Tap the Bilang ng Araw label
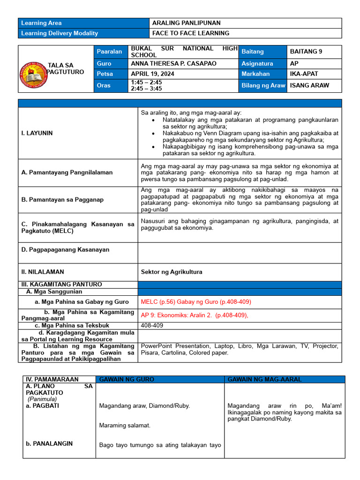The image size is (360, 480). [263, 85]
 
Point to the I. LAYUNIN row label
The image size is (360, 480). [37, 133]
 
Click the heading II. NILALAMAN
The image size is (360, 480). [43, 271]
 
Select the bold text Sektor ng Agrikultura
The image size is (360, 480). [172, 271]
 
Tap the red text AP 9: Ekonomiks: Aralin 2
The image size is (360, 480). [194, 315]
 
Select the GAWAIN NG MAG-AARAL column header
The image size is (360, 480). [264, 379]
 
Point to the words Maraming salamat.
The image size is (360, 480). [125, 426]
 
